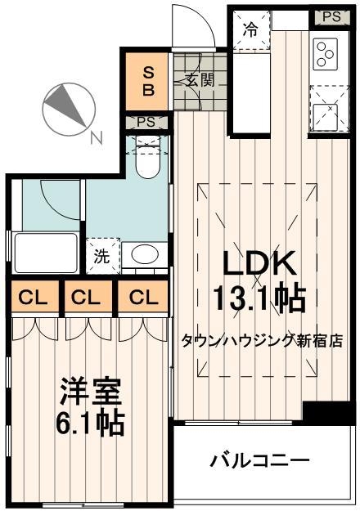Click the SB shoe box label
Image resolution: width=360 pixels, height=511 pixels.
pos(148,79)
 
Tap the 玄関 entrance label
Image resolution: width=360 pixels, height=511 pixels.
pos(197,79)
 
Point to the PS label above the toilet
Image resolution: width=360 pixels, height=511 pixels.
pos(147,123)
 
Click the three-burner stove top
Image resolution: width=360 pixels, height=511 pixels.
pos(324,53)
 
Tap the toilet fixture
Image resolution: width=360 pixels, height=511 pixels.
pos(147,160)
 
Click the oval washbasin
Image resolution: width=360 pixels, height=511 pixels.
pos(146,254)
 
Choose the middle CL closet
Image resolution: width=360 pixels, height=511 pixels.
pos(85,298)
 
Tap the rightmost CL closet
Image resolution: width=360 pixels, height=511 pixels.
pos(141,298)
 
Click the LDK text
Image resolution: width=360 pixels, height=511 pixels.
pos(259,264)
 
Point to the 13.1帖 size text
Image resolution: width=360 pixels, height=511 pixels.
pos(259,297)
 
